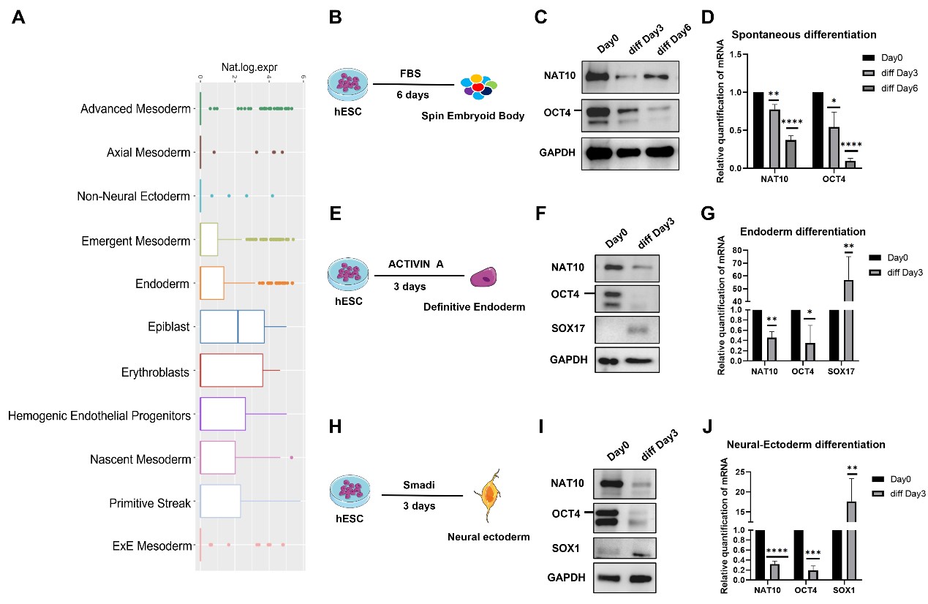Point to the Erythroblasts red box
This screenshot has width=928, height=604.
231,370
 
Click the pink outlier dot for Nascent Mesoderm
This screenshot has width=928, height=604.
291,458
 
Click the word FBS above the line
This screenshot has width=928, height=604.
411,73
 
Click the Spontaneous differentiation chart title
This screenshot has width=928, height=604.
804,34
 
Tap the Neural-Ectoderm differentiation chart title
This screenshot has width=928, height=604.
806,445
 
